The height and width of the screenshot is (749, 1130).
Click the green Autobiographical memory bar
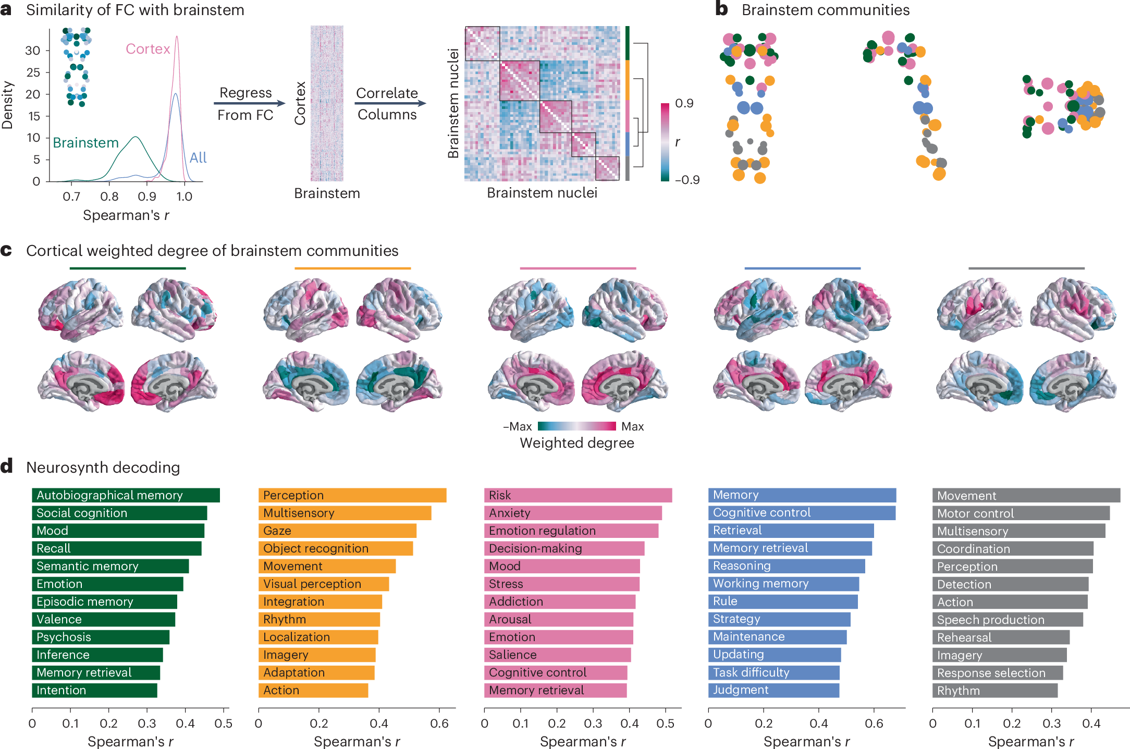[x=126, y=495]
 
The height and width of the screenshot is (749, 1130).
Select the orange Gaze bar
[x=337, y=531]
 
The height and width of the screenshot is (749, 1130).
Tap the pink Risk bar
[x=578, y=495]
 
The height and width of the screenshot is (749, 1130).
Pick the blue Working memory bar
[x=783, y=584]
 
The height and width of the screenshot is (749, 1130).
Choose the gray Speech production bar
[x=1007, y=620]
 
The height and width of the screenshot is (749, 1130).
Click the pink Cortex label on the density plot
[x=148, y=49]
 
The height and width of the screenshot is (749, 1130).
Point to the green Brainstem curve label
[x=86, y=143]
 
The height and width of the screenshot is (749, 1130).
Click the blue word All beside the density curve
[x=198, y=157]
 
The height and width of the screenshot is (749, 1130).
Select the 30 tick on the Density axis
[x=33, y=51]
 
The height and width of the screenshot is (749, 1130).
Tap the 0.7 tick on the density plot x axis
[x=71, y=197]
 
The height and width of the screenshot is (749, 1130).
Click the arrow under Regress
[x=250, y=103]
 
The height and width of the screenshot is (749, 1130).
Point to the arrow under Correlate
[x=390, y=103]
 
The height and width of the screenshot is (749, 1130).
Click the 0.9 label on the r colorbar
[x=684, y=103]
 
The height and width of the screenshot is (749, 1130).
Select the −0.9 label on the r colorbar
[x=687, y=180]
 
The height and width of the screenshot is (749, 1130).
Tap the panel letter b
[x=722, y=9]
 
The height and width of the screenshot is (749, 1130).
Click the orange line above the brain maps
[x=352, y=268]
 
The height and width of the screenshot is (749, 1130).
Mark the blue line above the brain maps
[x=802, y=268]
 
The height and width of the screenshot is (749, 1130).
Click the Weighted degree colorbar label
[x=577, y=443]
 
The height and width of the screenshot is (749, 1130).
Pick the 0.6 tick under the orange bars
[x=439, y=723]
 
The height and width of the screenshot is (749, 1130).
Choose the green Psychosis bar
[x=101, y=637]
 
